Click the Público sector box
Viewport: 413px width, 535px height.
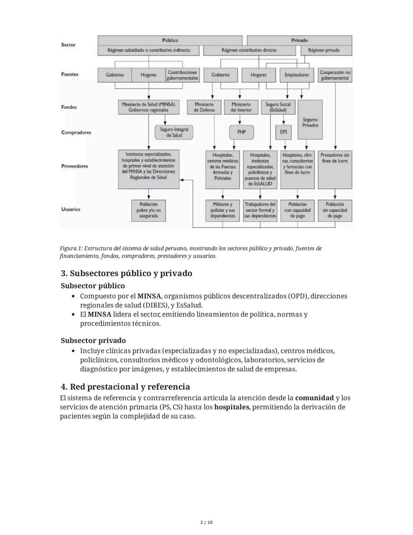[x=170, y=40]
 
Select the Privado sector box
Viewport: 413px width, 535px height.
[x=299, y=40]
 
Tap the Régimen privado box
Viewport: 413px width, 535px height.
[x=326, y=50]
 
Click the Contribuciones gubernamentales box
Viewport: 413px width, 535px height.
[x=182, y=75]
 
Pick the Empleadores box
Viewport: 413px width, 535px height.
[x=297, y=75]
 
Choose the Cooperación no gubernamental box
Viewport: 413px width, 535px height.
[x=335, y=75]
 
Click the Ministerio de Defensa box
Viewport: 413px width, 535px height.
[x=204, y=107]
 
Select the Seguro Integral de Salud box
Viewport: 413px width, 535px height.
[x=174, y=133]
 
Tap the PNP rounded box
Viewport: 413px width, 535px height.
[x=241, y=132]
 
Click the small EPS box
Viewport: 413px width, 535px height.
[x=283, y=132]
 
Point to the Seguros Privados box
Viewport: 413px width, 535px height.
[x=310, y=122]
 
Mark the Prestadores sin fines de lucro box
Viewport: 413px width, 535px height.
[x=335, y=169]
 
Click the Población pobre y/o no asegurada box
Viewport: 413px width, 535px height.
[x=148, y=210]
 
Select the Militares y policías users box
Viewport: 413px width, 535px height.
[x=223, y=210]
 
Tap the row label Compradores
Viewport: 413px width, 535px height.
[x=76, y=133]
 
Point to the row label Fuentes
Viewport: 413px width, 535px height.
[x=70, y=74]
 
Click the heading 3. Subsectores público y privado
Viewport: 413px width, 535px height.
[x=126, y=273]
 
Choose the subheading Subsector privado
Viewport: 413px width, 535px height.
[x=93, y=340]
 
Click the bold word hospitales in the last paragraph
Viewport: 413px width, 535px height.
[x=231, y=407]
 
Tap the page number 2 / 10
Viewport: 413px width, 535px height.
[x=206, y=522]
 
